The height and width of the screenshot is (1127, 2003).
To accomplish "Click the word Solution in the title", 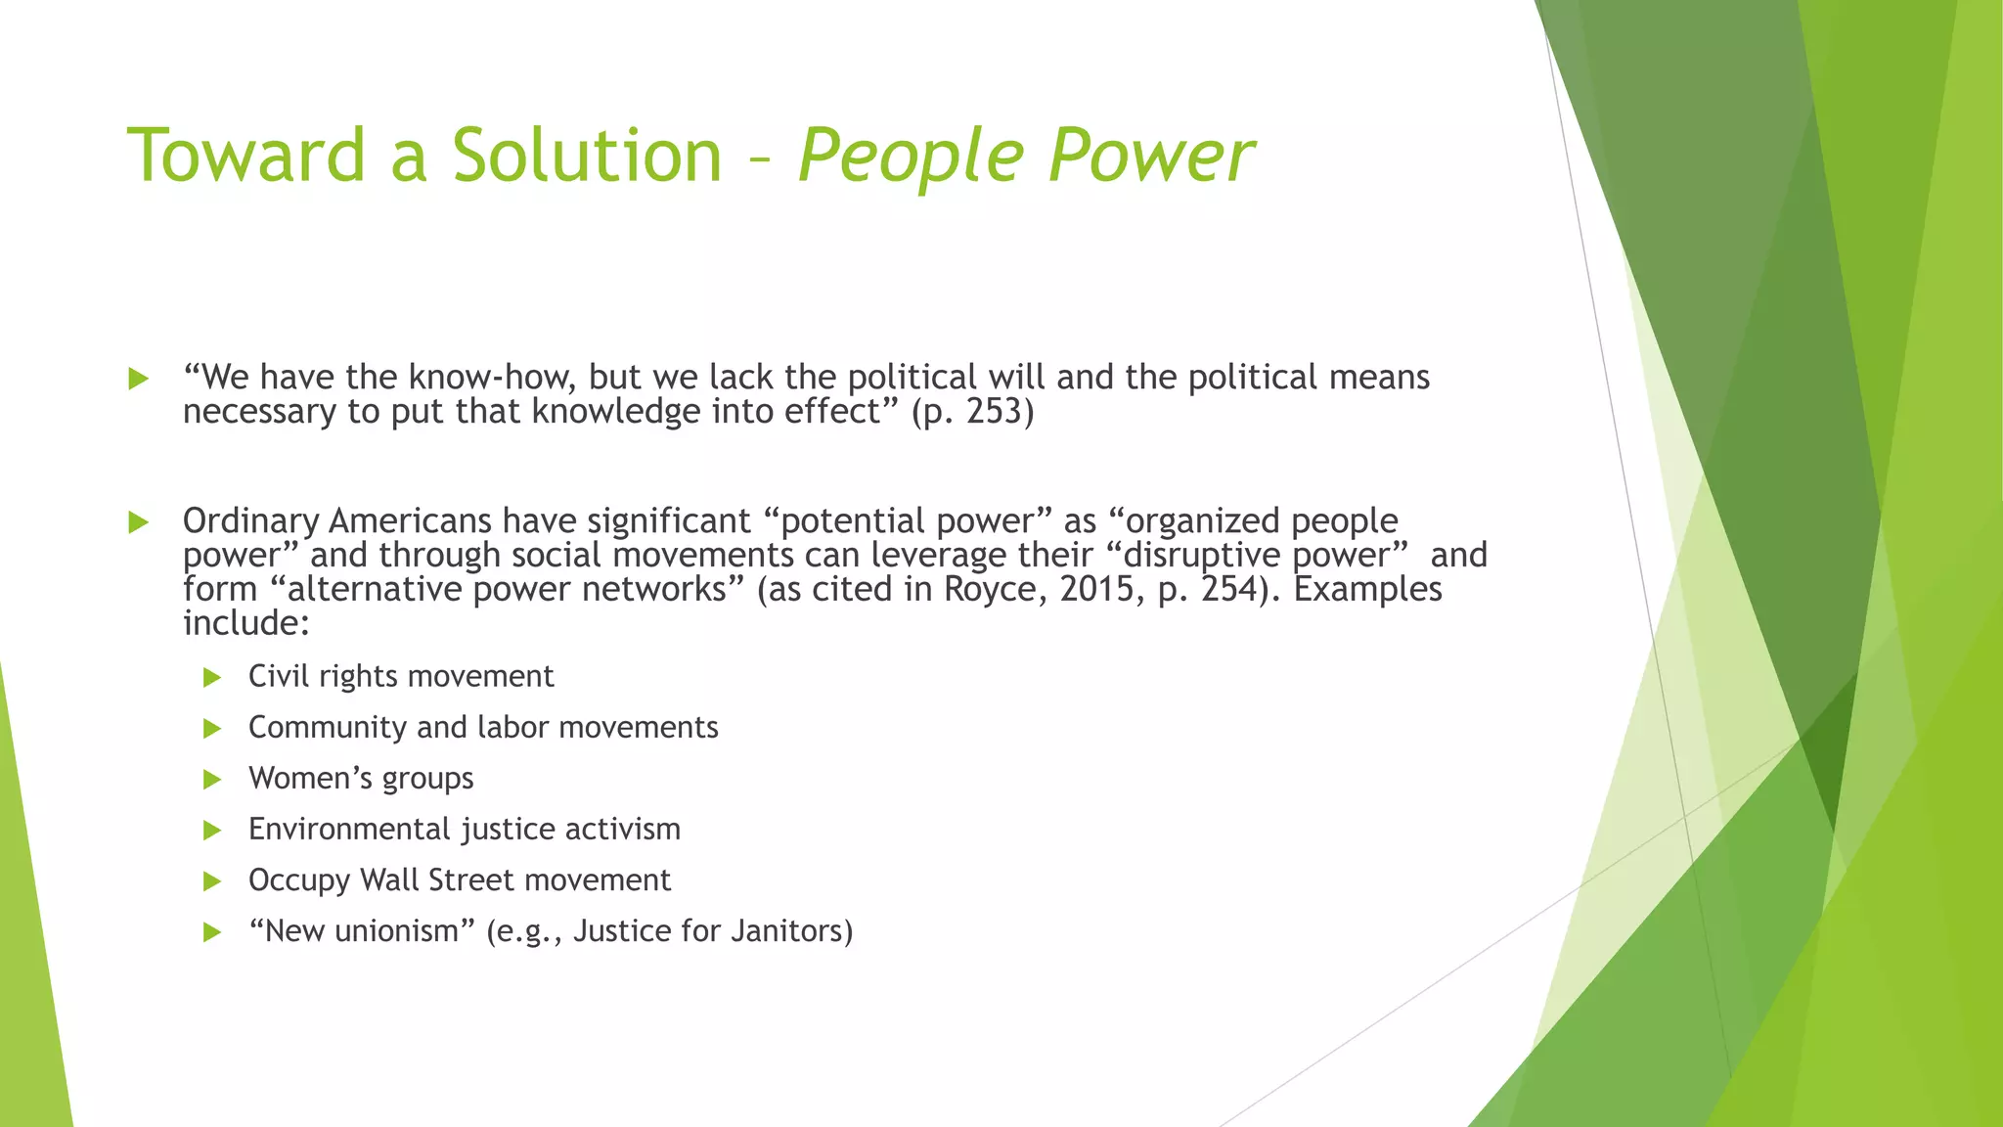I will click(586, 156).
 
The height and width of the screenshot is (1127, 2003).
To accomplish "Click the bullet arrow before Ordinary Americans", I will click(138, 522).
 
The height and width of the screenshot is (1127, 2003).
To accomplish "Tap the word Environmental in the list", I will click(349, 830).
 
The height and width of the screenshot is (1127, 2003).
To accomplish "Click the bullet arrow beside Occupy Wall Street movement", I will click(212, 881).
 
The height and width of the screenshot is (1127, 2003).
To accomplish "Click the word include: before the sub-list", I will click(246, 623).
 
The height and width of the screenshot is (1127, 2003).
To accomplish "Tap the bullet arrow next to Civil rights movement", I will click(212, 677).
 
